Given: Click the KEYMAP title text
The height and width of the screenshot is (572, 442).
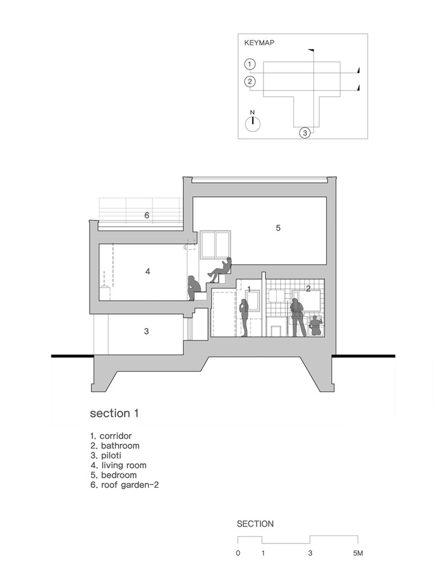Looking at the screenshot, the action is [x=259, y=43].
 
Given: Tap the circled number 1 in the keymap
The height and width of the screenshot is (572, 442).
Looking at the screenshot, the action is [x=250, y=64].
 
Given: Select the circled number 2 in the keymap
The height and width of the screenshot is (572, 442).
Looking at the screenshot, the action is [x=250, y=81].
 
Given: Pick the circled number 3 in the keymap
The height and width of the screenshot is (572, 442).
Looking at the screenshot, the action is [x=305, y=133].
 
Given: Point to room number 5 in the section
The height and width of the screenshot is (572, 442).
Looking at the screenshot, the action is [x=278, y=228].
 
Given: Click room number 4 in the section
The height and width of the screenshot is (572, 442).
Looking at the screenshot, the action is [x=147, y=271].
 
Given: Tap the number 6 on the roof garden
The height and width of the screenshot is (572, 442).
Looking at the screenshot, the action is [x=147, y=216].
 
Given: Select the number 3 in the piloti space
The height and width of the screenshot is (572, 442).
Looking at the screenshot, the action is [x=146, y=331].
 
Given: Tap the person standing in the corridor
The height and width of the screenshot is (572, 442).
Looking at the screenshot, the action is [x=244, y=317].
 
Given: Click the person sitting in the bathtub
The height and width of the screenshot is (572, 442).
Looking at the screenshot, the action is [x=315, y=326].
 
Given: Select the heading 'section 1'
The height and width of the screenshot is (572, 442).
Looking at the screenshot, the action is [x=114, y=414].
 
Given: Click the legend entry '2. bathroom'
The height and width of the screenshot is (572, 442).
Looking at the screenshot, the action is [x=115, y=446].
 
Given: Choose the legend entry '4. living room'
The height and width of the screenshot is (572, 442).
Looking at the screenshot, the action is [x=119, y=465].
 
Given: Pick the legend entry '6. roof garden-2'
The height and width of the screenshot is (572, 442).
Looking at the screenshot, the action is [x=125, y=485].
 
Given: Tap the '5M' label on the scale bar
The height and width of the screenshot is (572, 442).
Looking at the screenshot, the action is [x=358, y=553].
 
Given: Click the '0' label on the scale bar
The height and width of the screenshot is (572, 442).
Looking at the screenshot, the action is [x=238, y=553].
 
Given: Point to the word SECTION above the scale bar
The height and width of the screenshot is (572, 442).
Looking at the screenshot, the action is [x=255, y=524].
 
